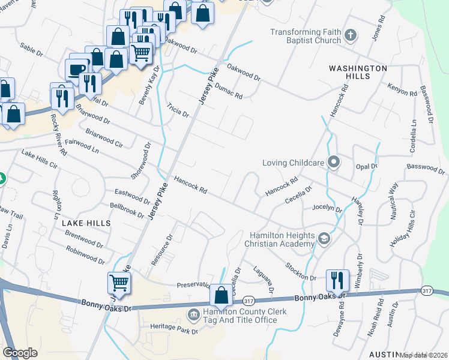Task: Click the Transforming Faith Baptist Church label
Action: [305, 36]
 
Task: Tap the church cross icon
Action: [351, 35]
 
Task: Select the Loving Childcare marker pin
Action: [334, 162]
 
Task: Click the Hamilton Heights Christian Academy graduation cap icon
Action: [324, 239]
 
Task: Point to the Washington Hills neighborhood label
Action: [358, 73]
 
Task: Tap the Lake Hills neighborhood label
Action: [86, 223]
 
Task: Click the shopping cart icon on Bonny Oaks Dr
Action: [119, 281]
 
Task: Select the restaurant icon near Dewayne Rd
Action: [337, 279]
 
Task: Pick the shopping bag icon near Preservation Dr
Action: [221, 294]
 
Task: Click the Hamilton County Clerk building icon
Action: [194, 314]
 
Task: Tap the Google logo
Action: [20, 352]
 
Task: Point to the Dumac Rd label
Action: [228, 91]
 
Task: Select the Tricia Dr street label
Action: [178, 110]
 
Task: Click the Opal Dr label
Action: [366, 166]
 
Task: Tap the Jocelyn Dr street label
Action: [327, 208]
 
